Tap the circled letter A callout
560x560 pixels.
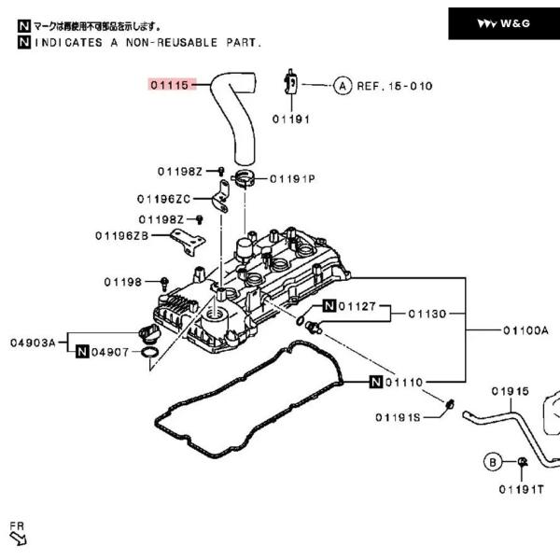(342, 86)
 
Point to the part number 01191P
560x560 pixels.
(292, 178)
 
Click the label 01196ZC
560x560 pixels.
(163, 199)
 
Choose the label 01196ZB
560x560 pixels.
(121, 235)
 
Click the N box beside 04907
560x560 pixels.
(82, 351)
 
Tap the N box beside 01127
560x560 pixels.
(329, 306)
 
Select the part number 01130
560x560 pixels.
(427, 314)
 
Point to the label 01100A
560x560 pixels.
(526, 330)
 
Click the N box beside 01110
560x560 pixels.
(374, 382)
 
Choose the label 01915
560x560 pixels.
(510, 390)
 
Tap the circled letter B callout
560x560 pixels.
(492, 461)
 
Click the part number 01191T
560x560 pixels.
(521, 488)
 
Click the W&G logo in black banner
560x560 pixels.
(504, 23)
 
